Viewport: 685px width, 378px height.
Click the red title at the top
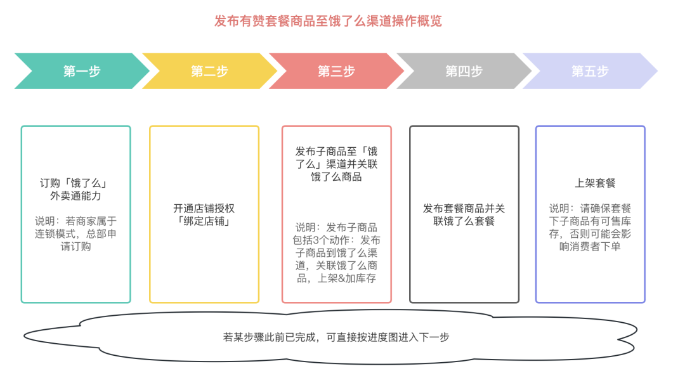point(328,21)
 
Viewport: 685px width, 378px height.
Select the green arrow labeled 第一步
point(82,71)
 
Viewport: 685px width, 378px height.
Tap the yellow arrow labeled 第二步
point(210,71)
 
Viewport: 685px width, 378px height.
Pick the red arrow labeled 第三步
point(336,71)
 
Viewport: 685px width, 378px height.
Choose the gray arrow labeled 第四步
point(464,71)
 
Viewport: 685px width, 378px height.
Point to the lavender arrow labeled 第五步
point(590,71)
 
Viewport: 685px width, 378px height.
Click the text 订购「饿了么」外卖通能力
point(75,189)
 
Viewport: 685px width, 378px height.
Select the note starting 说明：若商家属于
point(75,234)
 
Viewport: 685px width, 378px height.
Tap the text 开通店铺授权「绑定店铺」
point(204,214)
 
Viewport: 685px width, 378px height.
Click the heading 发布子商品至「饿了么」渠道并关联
point(336,164)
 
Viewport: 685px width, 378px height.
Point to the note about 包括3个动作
point(336,252)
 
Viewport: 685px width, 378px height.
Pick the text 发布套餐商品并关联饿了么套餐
point(464,214)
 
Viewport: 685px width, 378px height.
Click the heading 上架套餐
point(595,183)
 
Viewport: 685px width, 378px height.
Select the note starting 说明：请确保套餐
point(590,227)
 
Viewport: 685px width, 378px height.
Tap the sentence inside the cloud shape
point(336,337)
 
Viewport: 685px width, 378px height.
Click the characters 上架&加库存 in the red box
point(346,278)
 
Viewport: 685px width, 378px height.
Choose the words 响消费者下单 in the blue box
point(590,247)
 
